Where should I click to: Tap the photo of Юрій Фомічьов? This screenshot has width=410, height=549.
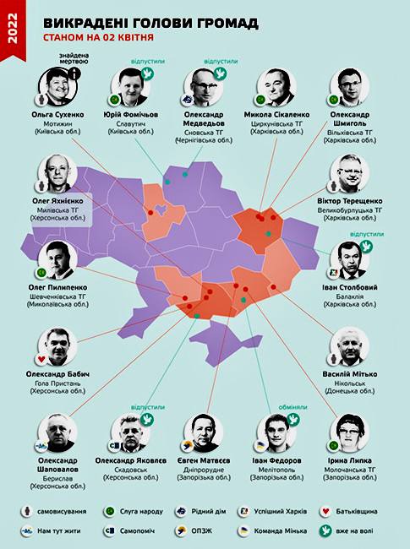click(x=129, y=88)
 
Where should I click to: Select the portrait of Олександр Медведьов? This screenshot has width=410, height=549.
click(x=205, y=88)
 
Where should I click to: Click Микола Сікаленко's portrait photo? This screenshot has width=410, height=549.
click(x=276, y=88)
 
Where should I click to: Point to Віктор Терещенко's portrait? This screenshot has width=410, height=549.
click(x=349, y=177)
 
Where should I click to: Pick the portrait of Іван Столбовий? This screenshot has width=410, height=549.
click(x=349, y=261)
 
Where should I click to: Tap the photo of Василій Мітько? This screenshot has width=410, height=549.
click(x=349, y=346)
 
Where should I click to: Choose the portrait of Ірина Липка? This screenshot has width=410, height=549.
click(x=349, y=432)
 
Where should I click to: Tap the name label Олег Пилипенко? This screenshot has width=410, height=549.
click(x=58, y=288)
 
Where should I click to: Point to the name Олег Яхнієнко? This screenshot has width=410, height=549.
click(x=58, y=201)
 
